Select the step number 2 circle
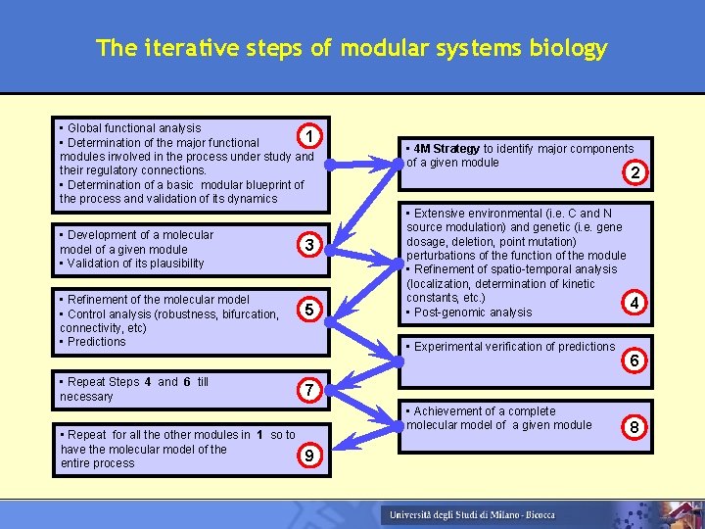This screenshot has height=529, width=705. coord(635,173)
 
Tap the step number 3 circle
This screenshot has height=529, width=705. coord(308,245)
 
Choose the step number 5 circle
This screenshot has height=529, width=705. coord(308,311)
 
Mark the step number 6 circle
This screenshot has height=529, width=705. coord(635,361)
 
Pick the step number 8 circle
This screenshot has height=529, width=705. coord(635,427)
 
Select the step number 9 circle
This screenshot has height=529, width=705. coord(308,456)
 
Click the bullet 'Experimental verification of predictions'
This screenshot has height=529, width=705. coord(515,347)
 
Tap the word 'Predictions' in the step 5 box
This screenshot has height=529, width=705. coord(97,342)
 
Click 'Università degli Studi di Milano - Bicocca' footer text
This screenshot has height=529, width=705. coord(471,515)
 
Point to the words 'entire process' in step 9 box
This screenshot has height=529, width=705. coord(97,463)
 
